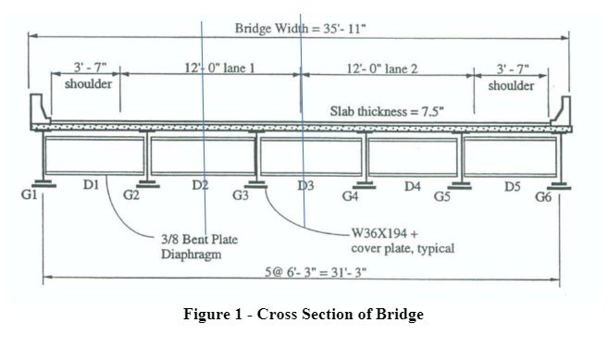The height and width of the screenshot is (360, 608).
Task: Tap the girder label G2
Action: point(131,195)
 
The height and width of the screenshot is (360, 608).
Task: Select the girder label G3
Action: point(241,195)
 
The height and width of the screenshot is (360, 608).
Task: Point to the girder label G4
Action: point(351,195)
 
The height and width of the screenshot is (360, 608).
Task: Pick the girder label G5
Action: point(442,195)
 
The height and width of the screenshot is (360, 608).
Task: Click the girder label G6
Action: point(543,195)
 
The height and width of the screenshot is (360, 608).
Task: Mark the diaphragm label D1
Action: point(91,185)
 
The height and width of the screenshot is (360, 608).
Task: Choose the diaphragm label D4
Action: point(413,186)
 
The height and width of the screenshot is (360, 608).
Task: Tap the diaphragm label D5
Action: point(512,186)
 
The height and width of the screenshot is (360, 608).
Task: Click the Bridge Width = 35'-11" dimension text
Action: point(301,28)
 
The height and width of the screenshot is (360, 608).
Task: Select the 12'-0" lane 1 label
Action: point(220,68)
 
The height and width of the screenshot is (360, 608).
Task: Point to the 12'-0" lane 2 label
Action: point(383,68)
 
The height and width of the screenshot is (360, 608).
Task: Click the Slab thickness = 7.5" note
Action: point(388,111)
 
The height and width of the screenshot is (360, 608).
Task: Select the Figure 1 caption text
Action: point(304,314)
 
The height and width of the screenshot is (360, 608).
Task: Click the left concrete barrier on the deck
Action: point(38,110)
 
